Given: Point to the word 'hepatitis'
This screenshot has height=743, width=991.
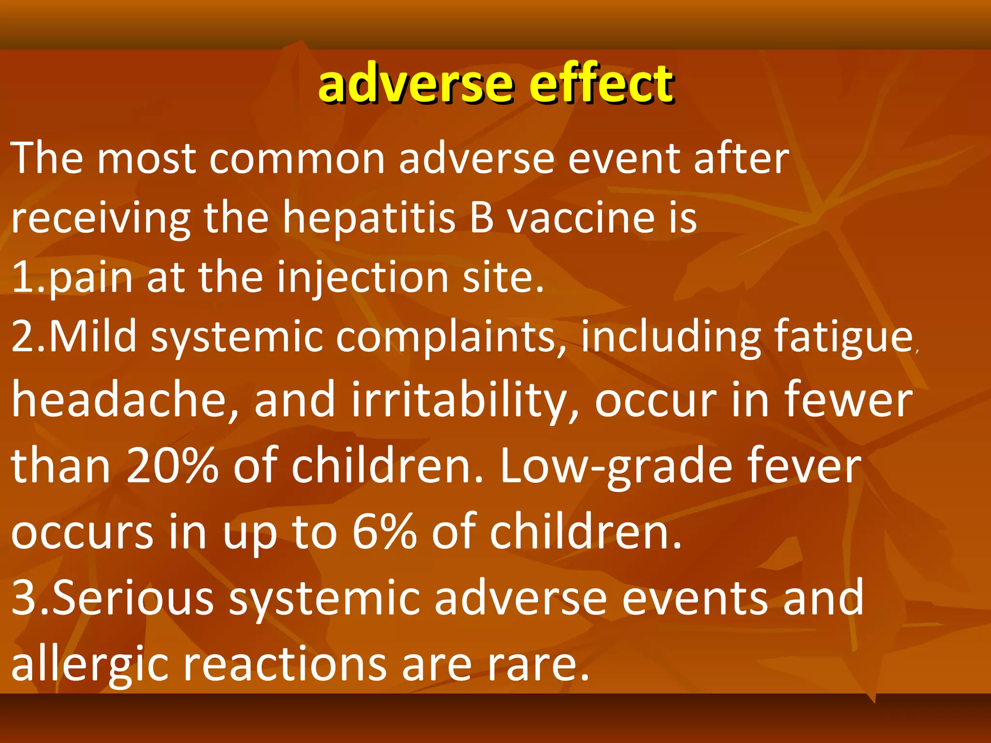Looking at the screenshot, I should (369, 218).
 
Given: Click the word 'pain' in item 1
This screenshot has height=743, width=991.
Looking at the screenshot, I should (91, 279).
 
